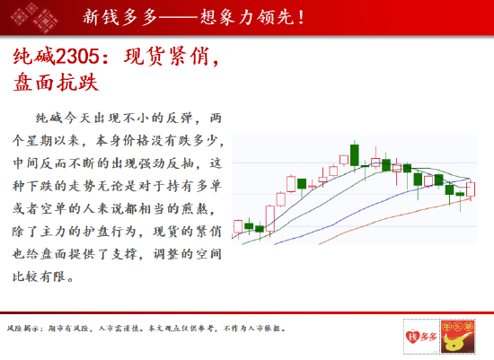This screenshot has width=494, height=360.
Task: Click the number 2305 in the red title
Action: click(77, 57)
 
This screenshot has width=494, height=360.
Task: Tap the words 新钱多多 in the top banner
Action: click(120, 17)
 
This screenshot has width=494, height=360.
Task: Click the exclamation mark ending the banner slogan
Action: click(301, 17)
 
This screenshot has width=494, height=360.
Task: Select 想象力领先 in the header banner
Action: click(247, 17)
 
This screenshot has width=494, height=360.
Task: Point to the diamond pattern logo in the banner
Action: click(35, 17)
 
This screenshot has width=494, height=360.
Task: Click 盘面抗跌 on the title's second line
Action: click(56, 83)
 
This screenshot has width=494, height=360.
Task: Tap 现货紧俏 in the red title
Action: click(166, 57)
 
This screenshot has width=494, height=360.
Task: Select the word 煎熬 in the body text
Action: click(194, 209)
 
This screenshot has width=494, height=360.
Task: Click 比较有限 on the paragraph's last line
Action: click(39, 277)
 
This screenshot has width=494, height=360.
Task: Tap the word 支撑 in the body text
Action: click(125, 254)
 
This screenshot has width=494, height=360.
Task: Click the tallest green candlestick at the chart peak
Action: click(355, 155)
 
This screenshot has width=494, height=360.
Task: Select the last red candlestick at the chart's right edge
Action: click(471, 189)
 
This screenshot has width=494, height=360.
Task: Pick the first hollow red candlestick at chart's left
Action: click(238, 227)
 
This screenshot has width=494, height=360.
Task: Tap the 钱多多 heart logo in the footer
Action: click(421, 337)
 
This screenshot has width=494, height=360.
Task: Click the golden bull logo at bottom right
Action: click(458, 337)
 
